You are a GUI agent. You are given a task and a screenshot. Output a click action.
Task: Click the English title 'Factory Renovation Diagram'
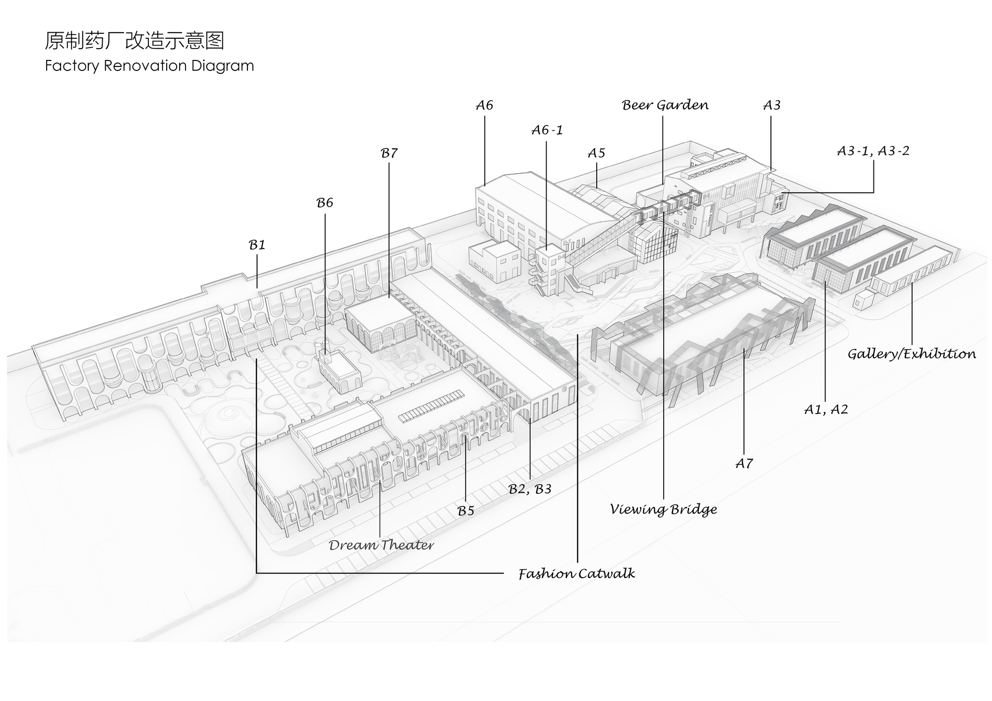pos(149,66)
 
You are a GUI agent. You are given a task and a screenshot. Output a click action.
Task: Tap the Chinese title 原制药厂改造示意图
pos(134,41)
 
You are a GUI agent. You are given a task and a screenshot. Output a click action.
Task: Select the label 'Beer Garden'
pos(665,105)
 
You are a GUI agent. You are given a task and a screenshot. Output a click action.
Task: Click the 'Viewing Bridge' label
pos(664,510)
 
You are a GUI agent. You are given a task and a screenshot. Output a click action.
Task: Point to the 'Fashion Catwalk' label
pos(576,574)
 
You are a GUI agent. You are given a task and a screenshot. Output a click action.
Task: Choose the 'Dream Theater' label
pos(381,545)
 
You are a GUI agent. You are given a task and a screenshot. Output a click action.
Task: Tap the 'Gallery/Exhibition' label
pos(912,354)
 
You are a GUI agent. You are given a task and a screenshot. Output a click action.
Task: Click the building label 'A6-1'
pos(547,130)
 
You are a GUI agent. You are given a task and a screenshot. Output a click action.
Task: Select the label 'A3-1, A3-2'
pos(873,151)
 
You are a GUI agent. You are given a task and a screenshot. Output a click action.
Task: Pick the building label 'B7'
pos(389,153)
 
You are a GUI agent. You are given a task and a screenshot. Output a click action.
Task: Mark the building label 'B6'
pos(325,203)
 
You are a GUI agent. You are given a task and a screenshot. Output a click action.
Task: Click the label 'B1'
pos(257,245)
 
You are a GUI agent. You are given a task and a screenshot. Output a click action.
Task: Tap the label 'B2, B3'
pos(530,489)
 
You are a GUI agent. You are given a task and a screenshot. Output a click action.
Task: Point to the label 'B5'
pos(466,511)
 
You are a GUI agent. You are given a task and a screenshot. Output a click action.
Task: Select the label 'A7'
pos(744,464)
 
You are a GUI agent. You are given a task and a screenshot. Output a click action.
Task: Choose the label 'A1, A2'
pos(826,409)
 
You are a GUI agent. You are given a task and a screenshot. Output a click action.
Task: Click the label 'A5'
pos(596,153)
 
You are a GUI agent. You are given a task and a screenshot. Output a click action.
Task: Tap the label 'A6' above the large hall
pos(485,105)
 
